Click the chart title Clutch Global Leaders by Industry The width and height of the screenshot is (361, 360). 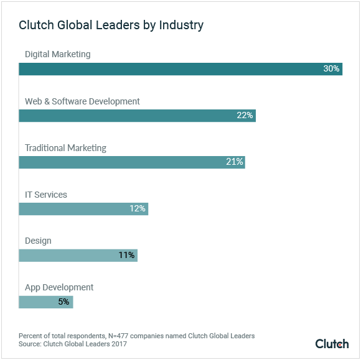(x=111, y=25)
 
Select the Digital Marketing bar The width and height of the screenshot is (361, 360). (x=168, y=69)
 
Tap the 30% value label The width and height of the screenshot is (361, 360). (x=331, y=69)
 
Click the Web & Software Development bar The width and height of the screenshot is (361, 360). (x=124, y=116)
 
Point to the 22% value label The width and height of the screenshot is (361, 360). (x=245, y=116)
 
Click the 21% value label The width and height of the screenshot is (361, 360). (x=234, y=162)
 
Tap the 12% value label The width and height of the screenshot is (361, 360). (x=138, y=209)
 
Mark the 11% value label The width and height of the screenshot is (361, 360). (x=126, y=255)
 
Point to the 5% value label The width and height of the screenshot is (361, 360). (x=63, y=302)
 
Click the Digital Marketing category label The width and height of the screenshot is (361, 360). (x=57, y=54)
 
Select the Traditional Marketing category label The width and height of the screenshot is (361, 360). (x=65, y=148)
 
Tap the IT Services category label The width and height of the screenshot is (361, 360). (x=45, y=195)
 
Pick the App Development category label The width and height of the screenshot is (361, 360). (x=59, y=287)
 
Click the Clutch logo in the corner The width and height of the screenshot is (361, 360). (x=332, y=343)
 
